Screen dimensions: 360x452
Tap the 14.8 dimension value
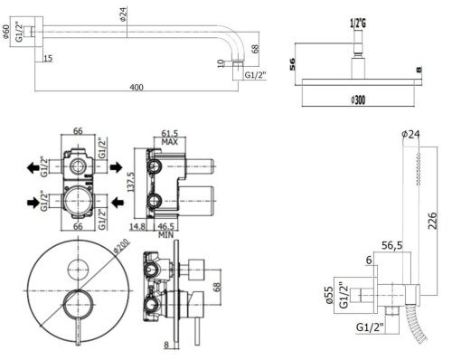pyautogui.click(x=139, y=226)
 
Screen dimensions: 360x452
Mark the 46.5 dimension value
pyautogui.click(x=166, y=226)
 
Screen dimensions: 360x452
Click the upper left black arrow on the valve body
pyautogui.click(x=34, y=166)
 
